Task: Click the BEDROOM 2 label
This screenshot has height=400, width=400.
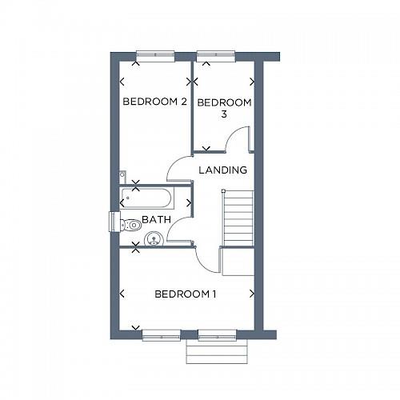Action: [x=154, y=102]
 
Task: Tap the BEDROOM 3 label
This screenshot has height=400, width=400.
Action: [x=224, y=108]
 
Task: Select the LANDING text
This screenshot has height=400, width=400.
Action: [x=222, y=170]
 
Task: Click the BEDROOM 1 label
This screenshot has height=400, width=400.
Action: [x=186, y=294]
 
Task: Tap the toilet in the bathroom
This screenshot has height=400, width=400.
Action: [x=128, y=225]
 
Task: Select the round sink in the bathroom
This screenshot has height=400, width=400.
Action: [x=154, y=238]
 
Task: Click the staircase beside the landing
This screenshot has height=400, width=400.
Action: [x=238, y=218]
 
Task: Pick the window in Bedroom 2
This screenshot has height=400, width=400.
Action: [x=154, y=55]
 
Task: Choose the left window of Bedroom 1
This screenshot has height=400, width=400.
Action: [x=161, y=334]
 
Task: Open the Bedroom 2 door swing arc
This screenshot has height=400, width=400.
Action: [x=178, y=168]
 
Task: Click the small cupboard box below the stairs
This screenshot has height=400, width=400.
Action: [x=238, y=262]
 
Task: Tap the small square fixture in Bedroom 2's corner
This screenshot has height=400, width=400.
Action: [x=122, y=174]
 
